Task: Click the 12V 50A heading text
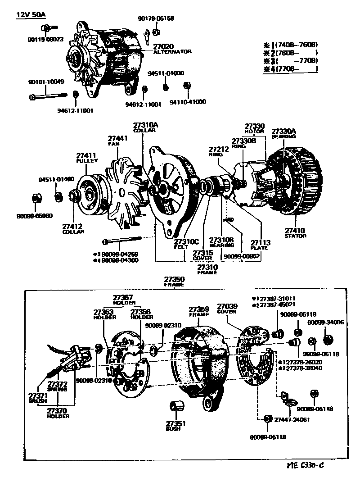click(31, 14)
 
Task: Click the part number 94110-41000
click(187, 102)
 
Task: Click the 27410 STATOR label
click(295, 233)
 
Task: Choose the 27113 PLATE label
click(260, 245)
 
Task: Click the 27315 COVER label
click(202, 255)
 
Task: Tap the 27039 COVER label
click(226, 309)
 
